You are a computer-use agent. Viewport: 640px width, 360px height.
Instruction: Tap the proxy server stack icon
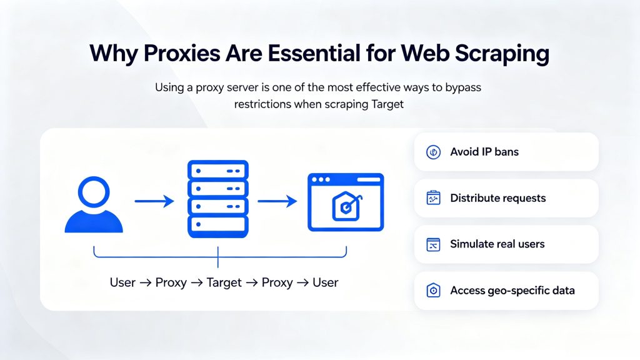(x=217, y=199)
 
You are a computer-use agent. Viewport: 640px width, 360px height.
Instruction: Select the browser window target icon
(x=345, y=202)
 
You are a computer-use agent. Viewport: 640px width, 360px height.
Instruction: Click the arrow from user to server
(x=154, y=201)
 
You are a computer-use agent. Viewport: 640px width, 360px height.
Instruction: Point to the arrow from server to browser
(x=277, y=201)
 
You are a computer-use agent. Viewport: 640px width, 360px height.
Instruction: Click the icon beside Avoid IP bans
(x=433, y=152)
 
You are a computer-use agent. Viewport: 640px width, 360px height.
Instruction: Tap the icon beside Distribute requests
(x=433, y=198)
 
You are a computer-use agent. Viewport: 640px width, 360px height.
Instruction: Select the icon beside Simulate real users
(x=433, y=244)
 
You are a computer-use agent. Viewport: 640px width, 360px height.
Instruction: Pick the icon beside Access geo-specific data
(x=433, y=291)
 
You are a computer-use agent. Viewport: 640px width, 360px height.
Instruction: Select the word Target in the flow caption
(x=224, y=282)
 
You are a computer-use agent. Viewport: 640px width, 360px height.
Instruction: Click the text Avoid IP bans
(x=484, y=152)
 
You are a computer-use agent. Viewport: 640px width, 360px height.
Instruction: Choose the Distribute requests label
(x=498, y=198)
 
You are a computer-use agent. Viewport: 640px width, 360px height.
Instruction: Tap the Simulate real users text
(x=497, y=244)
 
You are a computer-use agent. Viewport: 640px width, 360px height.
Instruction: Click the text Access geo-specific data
(x=512, y=291)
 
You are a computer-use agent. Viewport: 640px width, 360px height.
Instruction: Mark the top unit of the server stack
(x=217, y=170)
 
